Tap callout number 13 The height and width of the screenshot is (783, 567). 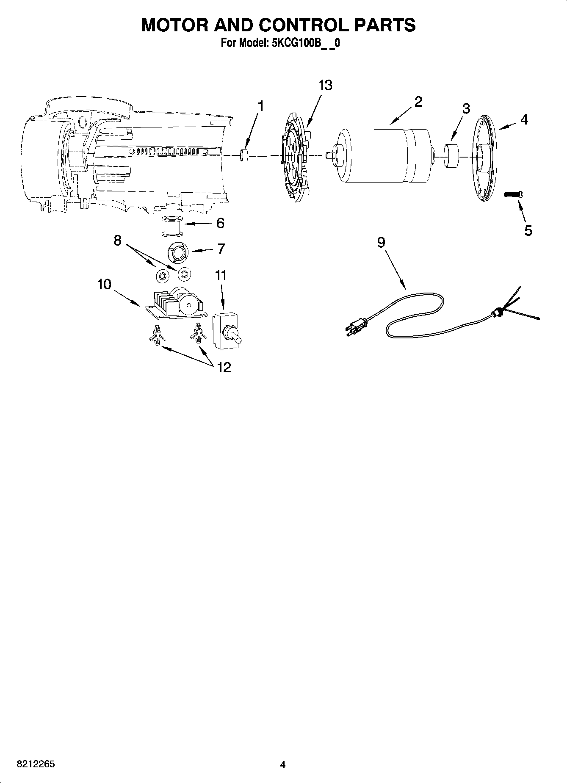point(325,85)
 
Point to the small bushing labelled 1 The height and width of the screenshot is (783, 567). point(244,155)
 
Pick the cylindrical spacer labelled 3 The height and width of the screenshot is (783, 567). point(451,156)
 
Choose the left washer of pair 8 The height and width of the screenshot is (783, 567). point(161,276)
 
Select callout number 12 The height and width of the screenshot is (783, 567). point(224,367)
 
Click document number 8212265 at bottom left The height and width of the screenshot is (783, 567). point(35,764)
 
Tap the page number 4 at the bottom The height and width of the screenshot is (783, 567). point(283,764)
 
